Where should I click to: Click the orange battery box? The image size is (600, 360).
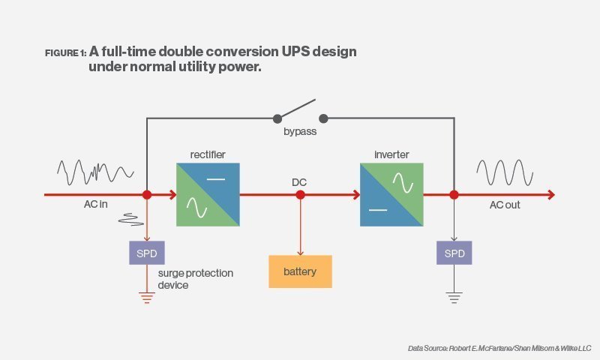[x=300, y=271]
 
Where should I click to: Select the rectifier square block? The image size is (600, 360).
[x=208, y=195]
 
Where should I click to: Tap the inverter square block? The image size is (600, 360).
[x=391, y=195]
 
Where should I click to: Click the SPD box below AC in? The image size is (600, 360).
[x=147, y=253]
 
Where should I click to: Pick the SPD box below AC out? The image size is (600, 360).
[x=454, y=253]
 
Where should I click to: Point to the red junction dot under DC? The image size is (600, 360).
[x=300, y=195]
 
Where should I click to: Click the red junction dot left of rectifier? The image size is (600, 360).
[x=147, y=195]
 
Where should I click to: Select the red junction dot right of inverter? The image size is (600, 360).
[x=454, y=195]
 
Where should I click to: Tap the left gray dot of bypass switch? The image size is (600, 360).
[x=277, y=118]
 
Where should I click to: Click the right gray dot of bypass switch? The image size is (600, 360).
[x=324, y=118]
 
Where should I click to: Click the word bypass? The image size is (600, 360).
[x=299, y=132]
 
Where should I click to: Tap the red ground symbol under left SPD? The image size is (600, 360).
[x=147, y=298]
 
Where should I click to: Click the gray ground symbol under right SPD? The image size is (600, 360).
[x=454, y=298]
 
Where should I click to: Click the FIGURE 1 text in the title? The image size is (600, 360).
[x=65, y=53]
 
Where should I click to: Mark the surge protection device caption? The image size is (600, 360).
[x=195, y=279]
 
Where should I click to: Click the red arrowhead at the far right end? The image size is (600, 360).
[x=551, y=195]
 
